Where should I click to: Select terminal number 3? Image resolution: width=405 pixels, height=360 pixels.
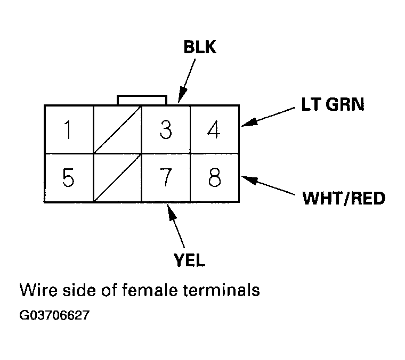(x=166, y=130)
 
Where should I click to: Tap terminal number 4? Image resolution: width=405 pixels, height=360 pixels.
(x=214, y=130)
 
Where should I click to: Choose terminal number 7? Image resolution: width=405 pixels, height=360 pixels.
(x=166, y=178)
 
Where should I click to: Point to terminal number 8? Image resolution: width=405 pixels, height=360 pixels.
(x=214, y=178)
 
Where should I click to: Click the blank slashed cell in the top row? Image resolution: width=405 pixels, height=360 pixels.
(x=117, y=130)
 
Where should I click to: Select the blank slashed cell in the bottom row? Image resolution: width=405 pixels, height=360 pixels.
(x=117, y=178)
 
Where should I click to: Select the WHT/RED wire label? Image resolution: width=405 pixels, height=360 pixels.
(x=344, y=199)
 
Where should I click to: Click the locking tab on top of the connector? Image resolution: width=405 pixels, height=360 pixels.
(x=142, y=100)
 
